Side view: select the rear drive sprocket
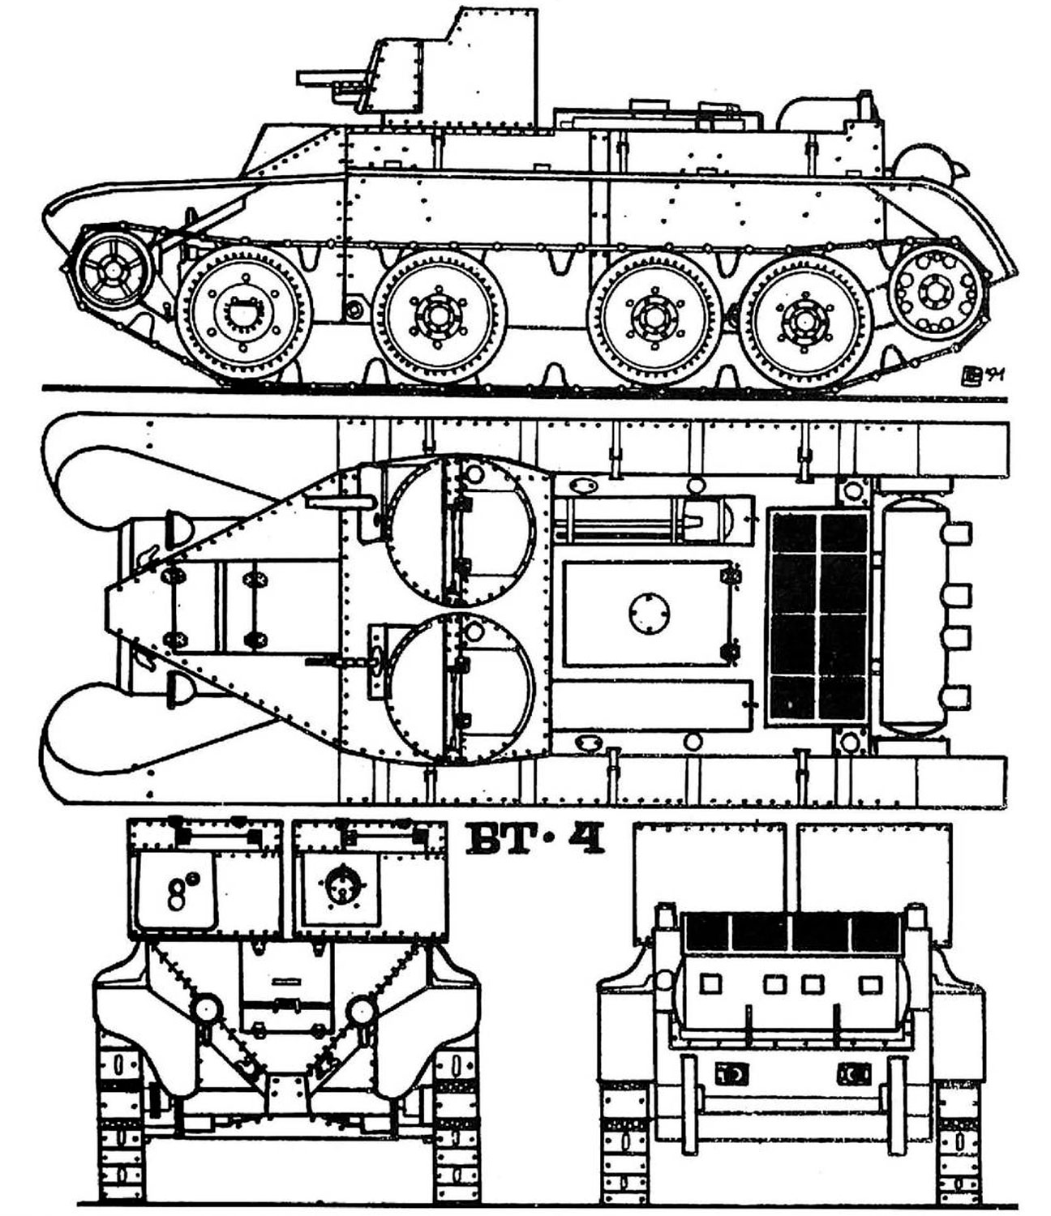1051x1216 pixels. click(x=937, y=291)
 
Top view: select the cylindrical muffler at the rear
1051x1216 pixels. click(x=916, y=615)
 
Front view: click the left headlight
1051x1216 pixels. click(x=207, y=1009)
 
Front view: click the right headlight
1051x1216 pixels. click(x=361, y=1009)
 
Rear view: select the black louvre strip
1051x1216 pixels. click(x=791, y=932)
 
